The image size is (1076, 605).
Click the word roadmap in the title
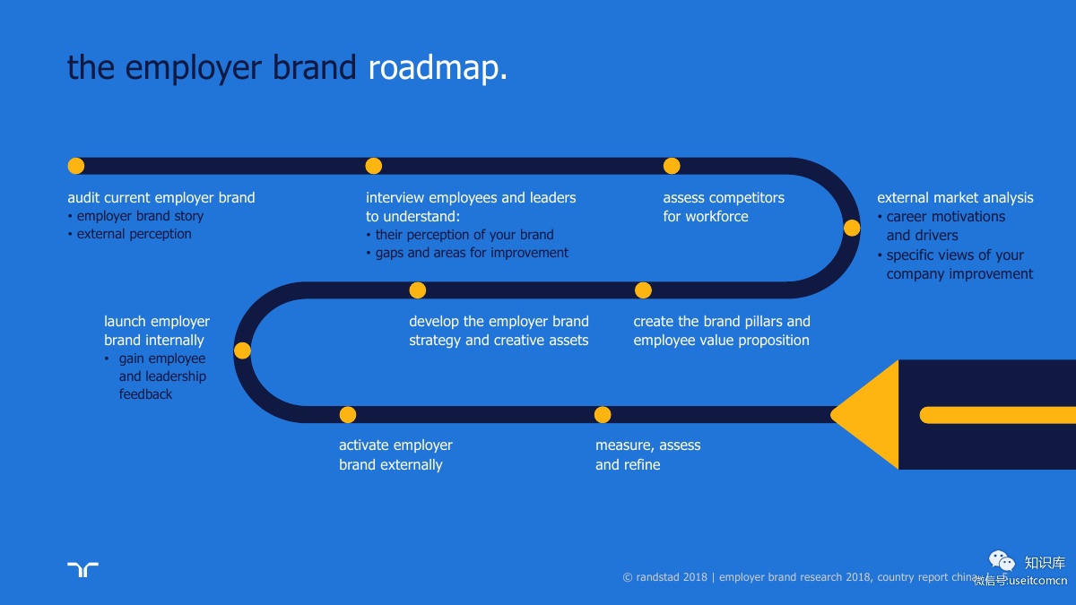(x=437, y=68)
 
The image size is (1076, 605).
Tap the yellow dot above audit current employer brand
(x=76, y=166)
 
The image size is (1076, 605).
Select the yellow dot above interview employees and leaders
(x=374, y=166)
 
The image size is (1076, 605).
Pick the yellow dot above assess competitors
(x=672, y=166)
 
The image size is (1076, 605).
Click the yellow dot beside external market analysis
(x=852, y=228)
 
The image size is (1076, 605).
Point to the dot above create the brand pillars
(x=643, y=290)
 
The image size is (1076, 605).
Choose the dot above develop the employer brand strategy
(x=417, y=290)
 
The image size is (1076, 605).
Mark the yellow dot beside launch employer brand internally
(x=242, y=350)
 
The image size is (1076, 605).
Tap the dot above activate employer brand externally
(x=348, y=415)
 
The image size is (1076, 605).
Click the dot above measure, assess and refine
(x=603, y=415)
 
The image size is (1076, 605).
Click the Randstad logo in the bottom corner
(x=82, y=569)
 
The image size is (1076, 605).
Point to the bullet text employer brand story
(x=140, y=216)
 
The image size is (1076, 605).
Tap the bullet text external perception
(x=134, y=234)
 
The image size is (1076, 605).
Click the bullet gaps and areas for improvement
(x=472, y=253)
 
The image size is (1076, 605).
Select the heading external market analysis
(x=955, y=198)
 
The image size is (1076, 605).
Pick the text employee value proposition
(x=721, y=341)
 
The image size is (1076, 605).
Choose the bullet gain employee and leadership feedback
(x=161, y=376)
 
